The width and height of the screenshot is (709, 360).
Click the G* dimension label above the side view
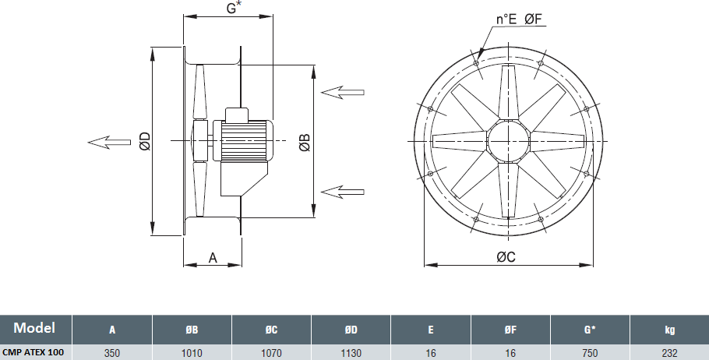tap(233, 7)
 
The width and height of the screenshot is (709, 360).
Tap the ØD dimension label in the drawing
tap(145, 141)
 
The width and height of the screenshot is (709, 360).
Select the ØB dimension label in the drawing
tap(305, 142)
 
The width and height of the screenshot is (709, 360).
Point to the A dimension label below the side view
tap(213, 257)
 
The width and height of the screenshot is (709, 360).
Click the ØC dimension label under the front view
tap(506, 257)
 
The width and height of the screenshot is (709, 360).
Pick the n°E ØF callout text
tap(519, 19)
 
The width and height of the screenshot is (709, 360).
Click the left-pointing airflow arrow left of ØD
tap(109, 143)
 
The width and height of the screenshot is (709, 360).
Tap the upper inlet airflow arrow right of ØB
tap(342, 92)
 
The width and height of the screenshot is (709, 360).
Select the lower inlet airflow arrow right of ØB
tap(342, 192)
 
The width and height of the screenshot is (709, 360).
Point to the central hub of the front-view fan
tap(508, 141)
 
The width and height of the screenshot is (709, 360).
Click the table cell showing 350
tap(112, 353)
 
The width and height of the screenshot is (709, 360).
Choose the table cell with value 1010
tap(192, 353)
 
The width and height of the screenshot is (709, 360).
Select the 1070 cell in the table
tap(271, 353)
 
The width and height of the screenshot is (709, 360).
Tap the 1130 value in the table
tap(351, 353)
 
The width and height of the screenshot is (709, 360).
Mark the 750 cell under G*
tap(590, 353)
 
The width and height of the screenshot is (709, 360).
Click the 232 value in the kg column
tap(669, 353)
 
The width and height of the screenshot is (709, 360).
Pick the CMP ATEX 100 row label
tap(33, 352)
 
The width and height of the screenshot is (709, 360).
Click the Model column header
tap(34, 327)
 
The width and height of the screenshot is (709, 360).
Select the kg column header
tap(670, 330)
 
